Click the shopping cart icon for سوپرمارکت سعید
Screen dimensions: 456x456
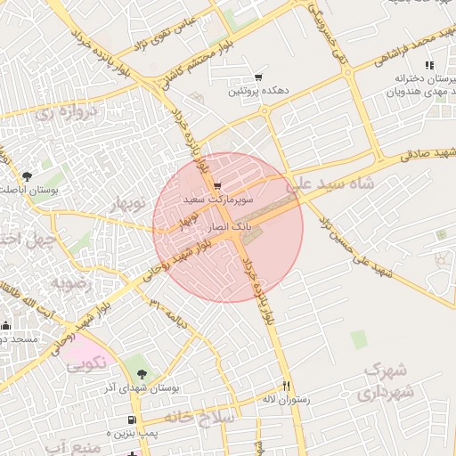coord(218,186)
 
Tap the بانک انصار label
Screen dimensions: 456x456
coord(230,229)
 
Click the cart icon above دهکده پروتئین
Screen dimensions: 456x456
coord(258,77)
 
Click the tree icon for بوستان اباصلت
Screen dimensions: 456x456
coord(26,175)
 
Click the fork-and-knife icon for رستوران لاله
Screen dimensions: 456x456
coord(286,386)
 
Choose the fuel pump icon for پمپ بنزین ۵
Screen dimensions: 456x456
coord(132,419)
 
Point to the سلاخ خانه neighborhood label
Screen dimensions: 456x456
coord(205,417)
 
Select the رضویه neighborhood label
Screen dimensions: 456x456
coord(65,283)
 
